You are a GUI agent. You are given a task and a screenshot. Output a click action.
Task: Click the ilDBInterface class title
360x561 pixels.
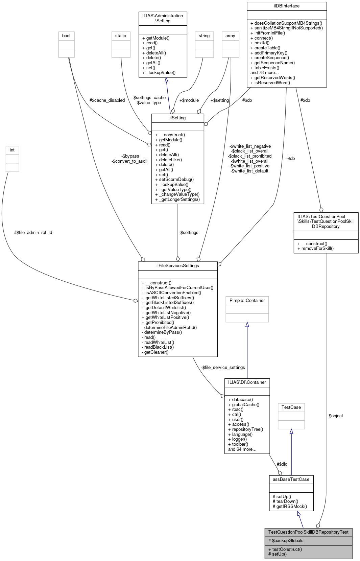coord(287,6)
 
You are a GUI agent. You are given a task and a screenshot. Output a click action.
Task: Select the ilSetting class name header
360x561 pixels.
coord(178,118)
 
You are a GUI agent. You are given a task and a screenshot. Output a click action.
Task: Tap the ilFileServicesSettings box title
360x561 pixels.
coord(177,266)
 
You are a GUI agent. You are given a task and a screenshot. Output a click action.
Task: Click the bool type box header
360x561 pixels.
coord(66,36)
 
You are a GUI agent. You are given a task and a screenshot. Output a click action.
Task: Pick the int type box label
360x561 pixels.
coord(12,150)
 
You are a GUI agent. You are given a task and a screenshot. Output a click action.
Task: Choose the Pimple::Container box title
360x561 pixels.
coord(247,301)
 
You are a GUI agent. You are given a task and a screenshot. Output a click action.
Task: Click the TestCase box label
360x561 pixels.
coord(291,407)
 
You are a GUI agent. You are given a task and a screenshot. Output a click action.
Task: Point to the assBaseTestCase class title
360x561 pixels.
coord(291,480)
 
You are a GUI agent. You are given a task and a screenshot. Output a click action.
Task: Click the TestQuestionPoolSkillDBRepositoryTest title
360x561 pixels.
coord(308,532)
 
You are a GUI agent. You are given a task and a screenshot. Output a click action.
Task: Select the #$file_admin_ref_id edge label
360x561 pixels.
coord(33,233)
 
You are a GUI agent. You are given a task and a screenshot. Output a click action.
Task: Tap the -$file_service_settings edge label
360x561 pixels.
coord(223,368)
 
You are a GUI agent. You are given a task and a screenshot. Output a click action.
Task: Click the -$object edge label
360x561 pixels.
coord(335,416)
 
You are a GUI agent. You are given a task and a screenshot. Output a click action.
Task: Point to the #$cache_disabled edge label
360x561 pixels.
coord(107,100)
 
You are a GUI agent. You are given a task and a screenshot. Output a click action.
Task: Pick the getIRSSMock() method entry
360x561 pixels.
coord(290,507)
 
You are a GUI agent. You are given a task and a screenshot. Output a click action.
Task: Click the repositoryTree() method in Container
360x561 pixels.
coord(245,429)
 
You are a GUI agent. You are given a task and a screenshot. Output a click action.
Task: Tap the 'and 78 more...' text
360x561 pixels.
coord(265,73)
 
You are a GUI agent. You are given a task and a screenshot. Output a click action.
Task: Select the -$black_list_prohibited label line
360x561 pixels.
coord(250,156)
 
